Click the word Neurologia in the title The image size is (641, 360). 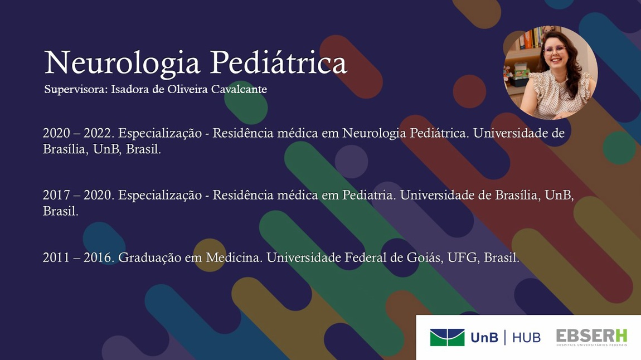pos(122,64)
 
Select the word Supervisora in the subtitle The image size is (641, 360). pos(76,90)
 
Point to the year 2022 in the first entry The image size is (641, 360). pos(99,133)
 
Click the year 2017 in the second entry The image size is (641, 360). pos(56,195)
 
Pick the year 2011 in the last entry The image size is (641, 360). pos(56,258)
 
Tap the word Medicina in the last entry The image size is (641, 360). pos(234,258)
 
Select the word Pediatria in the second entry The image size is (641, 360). pos(369,195)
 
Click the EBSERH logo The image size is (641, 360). pos(591,338)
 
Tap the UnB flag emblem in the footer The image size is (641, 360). pos(447,338)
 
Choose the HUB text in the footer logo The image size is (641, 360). pos(526,338)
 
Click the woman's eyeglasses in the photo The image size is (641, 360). pos(555,50)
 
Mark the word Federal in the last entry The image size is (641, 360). pos(366,258)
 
